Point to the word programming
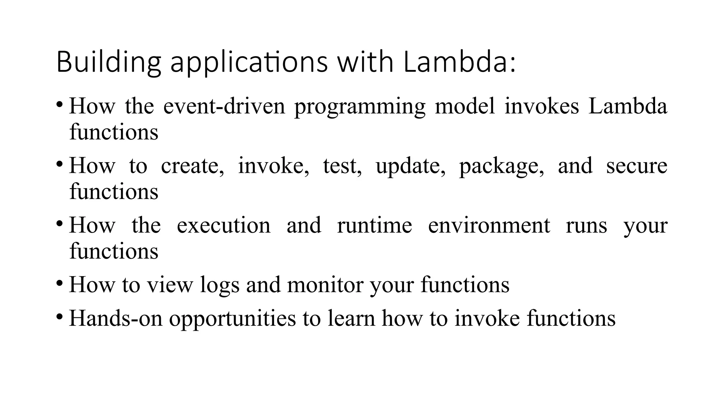click(x=360, y=106)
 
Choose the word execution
click(x=223, y=225)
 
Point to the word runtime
click(x=374, y=225)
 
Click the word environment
click(x=489, y=225)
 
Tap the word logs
click(x=220, y=284)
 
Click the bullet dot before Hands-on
click(x=60, y=316)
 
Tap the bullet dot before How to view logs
click(x=60, y=283)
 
